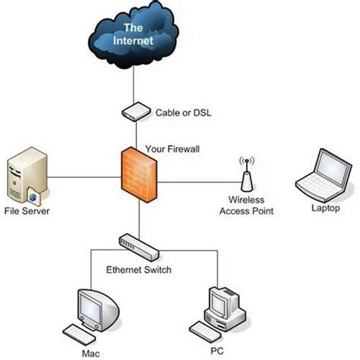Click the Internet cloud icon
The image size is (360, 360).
[x=136, y=35]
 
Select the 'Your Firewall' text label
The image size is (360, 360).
[x=172, y=149]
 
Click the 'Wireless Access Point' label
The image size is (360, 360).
[x=246, y=206]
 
